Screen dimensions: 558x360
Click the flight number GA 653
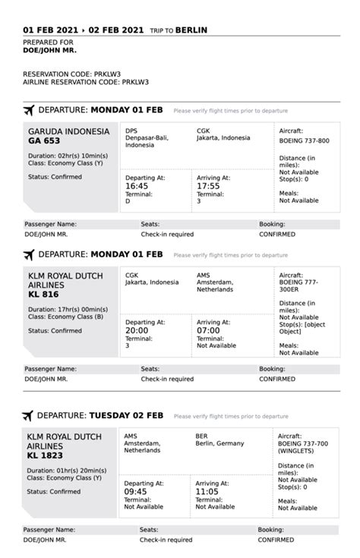(x=43, y=140)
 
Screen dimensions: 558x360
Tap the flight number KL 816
(x=43, y=294)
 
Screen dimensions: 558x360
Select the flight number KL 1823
(x=45, y=456)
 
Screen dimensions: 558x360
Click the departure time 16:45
(x=137, y=185)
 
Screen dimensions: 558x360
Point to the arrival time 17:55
(x=208, y=185)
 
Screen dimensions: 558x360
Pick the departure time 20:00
(x=137, y=329)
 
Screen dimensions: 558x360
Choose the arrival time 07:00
(x=208, y=329)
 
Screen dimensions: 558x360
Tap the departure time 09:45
(x=135, y=490)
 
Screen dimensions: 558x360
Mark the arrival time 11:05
(x=207, y=490)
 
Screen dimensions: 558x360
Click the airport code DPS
(x=131, y=130)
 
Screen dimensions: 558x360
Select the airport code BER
(x=201, y=437)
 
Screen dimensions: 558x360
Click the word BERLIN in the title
(x=196, y=30)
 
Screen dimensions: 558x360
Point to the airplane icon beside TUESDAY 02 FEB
(x=28, y=415)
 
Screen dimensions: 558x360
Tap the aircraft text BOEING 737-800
(x=305, y=140)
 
